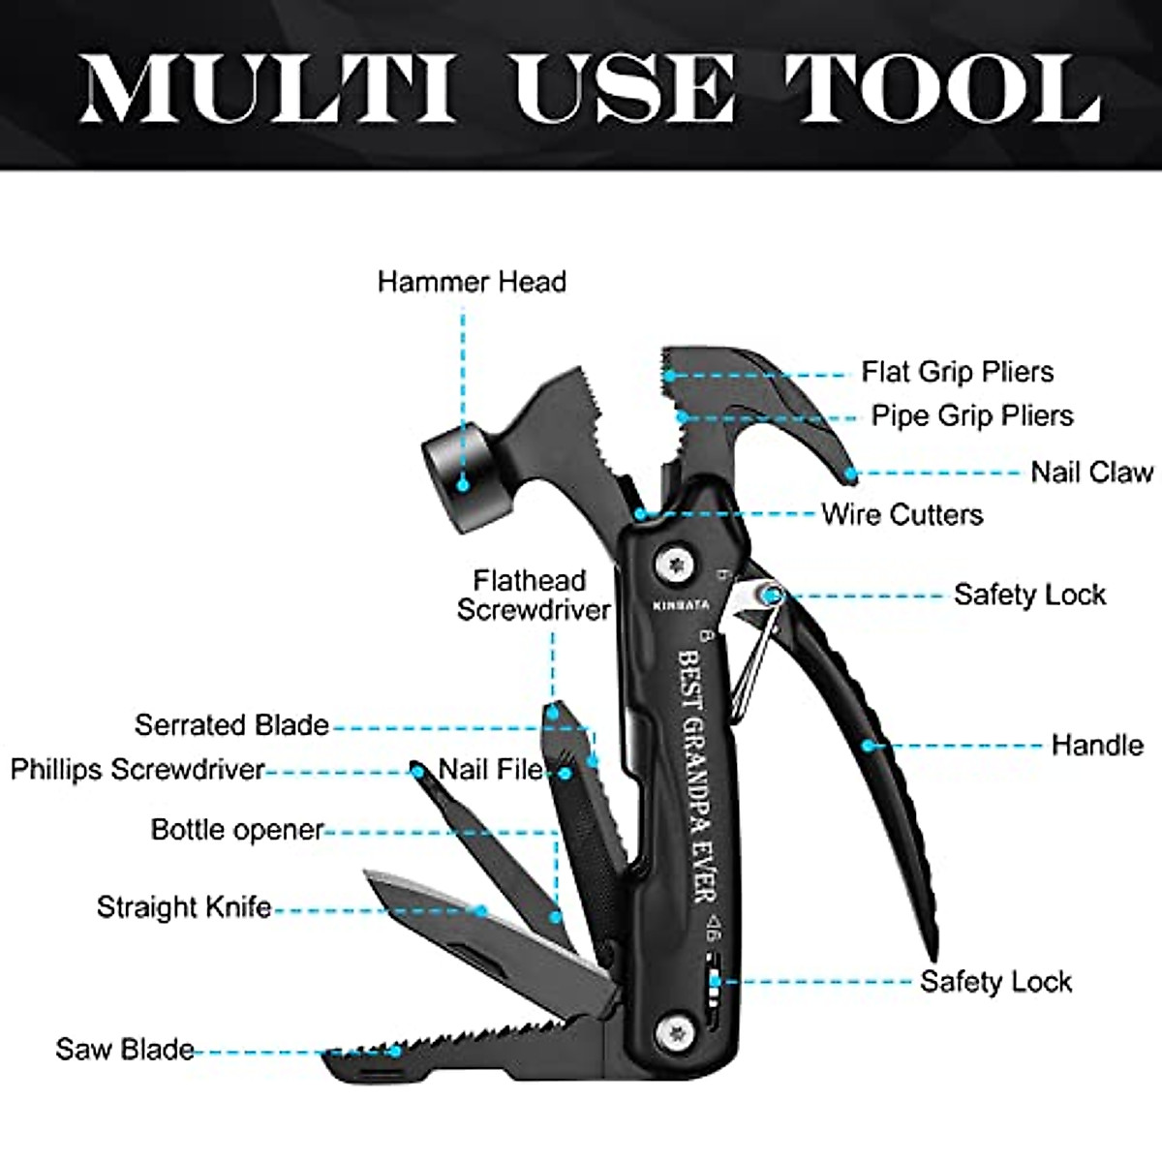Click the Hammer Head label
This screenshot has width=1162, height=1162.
[472, 282]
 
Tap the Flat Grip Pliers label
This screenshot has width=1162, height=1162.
[957, 372]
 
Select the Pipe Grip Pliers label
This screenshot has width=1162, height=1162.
[972, 415]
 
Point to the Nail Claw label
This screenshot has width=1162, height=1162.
[1091, 472]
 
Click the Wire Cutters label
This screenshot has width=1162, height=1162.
[902, 514]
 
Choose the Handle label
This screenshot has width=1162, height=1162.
[1096, 745]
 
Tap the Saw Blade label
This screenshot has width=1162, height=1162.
[124, 1050]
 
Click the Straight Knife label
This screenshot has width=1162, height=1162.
[183, 907]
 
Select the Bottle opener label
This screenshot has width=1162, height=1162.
[236, 830]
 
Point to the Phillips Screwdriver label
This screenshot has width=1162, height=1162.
[138, 770]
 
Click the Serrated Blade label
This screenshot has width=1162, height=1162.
[231, 724]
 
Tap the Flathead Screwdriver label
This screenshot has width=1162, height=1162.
[534, 595]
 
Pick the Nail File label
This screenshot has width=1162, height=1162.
[491, 770]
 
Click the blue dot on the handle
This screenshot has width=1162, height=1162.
[870, 746]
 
